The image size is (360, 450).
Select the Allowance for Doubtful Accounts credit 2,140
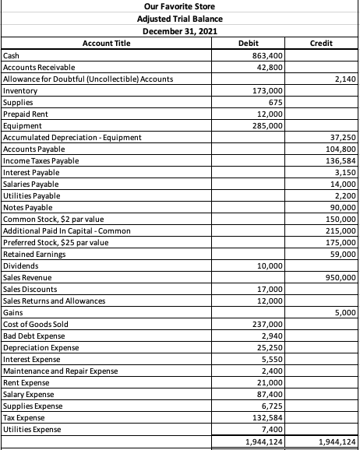tap(344, 79)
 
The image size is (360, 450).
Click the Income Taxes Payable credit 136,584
tap(341, 161)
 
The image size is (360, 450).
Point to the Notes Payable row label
tap(29, 208)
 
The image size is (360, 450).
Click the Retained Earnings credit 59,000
tap(343, 254)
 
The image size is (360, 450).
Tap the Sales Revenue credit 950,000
tap(341, 277)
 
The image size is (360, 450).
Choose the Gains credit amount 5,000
tap(344, 312)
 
